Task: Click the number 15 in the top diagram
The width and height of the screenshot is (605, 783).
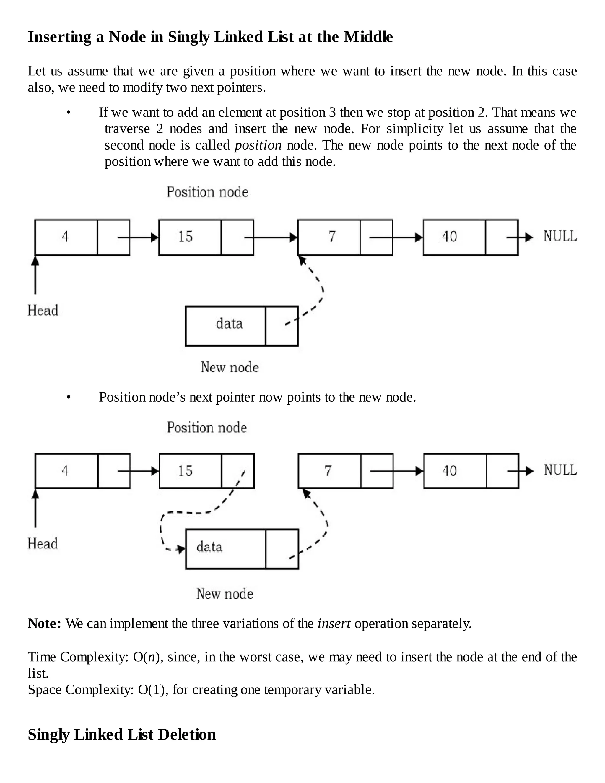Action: (x=185, y=237)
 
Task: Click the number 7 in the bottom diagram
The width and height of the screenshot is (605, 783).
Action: (x=328, y=471)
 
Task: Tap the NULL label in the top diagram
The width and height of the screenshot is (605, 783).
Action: (x=560, y=236)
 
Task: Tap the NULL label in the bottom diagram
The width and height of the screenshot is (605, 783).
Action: (x=560, y=470)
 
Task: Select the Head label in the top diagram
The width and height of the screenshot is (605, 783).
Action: (x=43, y=311)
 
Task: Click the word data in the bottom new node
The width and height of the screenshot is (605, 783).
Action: (x=209, y=547)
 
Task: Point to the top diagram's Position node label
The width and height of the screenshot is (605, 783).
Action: (x=207, y=192)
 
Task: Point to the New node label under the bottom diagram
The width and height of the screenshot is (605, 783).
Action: (x=225, y=594)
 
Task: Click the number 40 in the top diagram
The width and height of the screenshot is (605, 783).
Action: (x=449, y=237)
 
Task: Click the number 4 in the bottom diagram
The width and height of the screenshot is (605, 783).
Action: (x=65, y=471)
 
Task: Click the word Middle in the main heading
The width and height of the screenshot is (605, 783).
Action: (x=368, y=37)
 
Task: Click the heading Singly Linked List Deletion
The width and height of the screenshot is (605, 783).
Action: (x=122, y=734)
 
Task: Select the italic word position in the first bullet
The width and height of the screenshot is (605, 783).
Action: (x=258, y=145)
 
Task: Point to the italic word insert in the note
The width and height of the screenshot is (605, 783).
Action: (x=334, y=623)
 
